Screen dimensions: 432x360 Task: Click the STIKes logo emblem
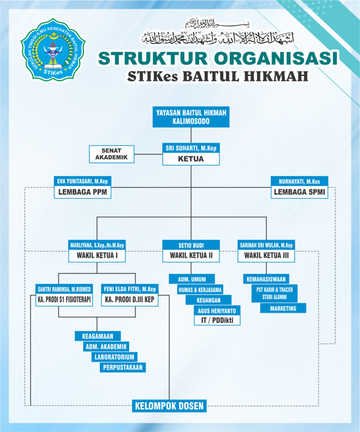click(x=53, y=50)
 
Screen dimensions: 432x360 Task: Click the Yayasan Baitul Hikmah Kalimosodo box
click(x=191, y=117)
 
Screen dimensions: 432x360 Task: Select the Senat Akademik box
click(x=111, y=154)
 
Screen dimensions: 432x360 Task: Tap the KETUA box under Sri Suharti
click(x=191, y=159)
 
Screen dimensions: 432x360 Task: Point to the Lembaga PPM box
click(x=83, y=192)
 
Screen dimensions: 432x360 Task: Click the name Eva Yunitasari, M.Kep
click(x=83, y=181)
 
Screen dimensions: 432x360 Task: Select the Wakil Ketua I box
click(x=97, y=256)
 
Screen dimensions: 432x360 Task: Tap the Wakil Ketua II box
click(x=191, y=256)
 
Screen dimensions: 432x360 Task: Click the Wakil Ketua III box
click(x=266, y=256)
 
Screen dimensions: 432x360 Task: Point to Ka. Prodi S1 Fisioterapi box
click(x=64, y=300)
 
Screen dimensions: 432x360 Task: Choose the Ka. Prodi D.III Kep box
click(x=129, y=300)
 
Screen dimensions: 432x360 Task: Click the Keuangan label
click(x=208, y=300)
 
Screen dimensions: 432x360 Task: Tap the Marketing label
click(x=283, y=308)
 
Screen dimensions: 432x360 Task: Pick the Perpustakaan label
click(x=123, y=367)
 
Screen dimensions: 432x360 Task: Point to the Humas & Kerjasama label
click(x=200, y=290)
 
